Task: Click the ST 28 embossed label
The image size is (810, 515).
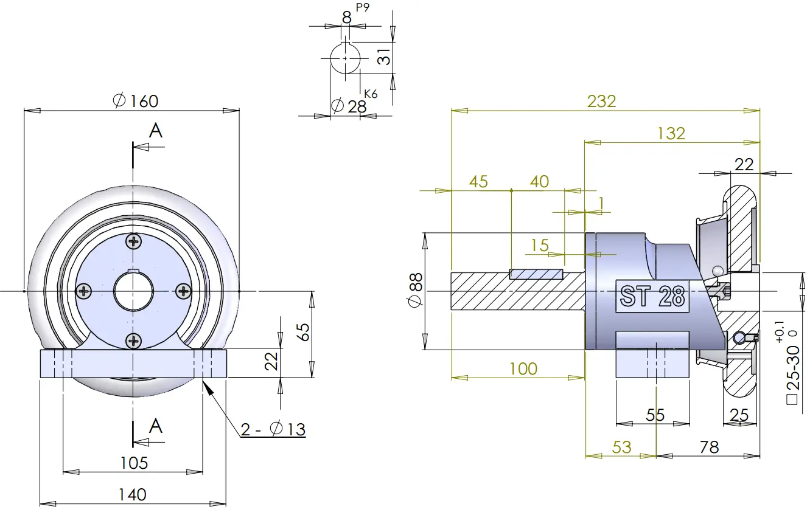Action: [652, 296]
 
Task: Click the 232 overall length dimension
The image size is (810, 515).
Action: [601, 101]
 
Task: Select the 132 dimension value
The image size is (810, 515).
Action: [671, 134]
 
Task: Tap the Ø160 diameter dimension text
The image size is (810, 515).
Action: [136, 101]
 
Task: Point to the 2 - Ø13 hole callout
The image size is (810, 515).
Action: [273, 429]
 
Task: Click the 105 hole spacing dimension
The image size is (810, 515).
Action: [134, 463]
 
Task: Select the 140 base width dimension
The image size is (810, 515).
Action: [132, 494]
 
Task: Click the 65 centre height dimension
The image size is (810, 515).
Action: [304, 332]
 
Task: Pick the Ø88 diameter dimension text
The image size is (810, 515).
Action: [416, 290]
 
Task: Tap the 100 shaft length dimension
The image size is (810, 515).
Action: [523, 369]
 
